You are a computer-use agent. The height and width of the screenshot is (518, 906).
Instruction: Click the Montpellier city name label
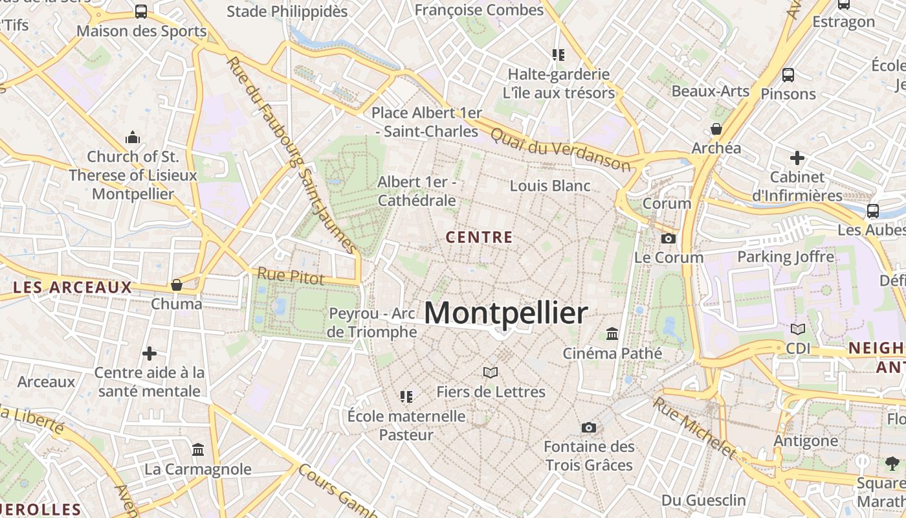(506, 313)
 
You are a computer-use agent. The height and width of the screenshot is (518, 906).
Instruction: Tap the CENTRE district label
(480, 237)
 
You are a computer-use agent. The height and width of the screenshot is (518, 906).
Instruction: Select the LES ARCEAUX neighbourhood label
(72, 287)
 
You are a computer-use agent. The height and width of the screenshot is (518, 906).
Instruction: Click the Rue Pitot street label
(291, 276)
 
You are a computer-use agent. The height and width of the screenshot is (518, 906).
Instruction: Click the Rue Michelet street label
(694, 427)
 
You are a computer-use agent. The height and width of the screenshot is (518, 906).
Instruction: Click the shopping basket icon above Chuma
(176, 285)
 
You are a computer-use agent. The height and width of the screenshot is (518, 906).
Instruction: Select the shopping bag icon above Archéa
(716, 129)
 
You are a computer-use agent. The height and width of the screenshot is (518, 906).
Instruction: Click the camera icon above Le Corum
(668, 238)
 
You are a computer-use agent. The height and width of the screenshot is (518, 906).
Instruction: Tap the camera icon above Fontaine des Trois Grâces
(588, 427)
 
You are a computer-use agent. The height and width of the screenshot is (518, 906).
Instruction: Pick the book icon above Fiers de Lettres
(491, 372)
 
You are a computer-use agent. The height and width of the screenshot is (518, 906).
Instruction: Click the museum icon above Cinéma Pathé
(612, 334)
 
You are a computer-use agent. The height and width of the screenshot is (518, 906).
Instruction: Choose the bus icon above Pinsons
(788, 74)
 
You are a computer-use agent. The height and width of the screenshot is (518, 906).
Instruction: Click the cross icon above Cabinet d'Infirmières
(797, 157)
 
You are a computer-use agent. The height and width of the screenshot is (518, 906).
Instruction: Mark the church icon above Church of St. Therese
(133, 137)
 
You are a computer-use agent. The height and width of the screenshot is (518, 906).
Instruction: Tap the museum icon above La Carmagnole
(198, 449)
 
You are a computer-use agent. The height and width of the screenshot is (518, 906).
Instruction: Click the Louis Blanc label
(550, 186)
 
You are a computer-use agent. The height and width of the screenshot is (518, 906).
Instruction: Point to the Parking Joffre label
(786, 257)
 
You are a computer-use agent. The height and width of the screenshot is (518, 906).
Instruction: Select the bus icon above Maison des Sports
(140, 11)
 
